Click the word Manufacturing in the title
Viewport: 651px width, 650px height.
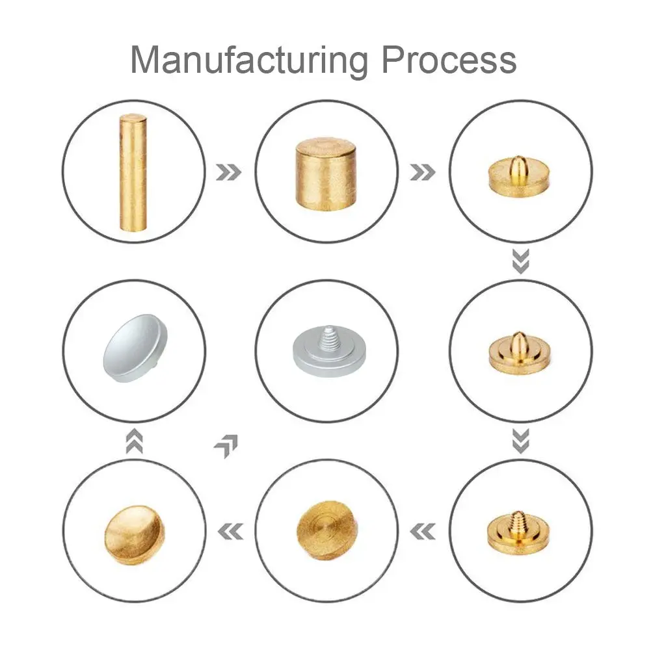249,60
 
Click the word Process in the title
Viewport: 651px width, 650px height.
449,60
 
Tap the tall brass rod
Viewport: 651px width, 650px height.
133,172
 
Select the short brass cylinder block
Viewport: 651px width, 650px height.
326,174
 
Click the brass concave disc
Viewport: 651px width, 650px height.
134,535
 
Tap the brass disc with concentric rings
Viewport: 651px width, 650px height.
327,532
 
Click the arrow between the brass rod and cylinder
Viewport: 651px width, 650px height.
228,172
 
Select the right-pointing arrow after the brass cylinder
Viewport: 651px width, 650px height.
423,172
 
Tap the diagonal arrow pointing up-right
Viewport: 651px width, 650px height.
226,446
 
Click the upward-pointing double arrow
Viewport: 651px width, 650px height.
134,441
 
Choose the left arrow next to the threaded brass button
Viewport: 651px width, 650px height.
423,532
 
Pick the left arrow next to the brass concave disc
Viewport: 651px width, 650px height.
230,532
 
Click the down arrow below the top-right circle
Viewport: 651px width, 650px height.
521,261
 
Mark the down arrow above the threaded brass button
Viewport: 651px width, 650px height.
521,441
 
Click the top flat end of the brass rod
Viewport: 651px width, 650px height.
133,117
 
